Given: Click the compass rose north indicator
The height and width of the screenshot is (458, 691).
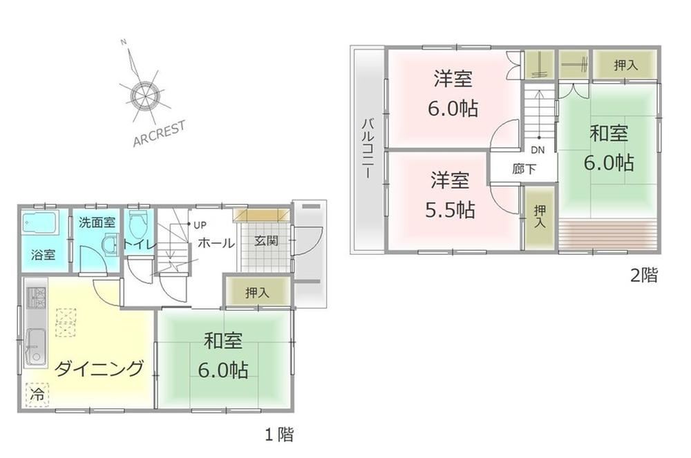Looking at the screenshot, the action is (x=124, y=42).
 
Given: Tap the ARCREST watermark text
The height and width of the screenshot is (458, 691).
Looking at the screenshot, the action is (x=159, y=134).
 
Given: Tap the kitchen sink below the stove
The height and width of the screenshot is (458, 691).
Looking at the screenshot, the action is (x=36, y=347).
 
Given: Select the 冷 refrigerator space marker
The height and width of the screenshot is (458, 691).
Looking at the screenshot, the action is (x=38, y=394).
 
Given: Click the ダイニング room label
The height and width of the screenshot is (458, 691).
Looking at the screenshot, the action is (x=99, y=368).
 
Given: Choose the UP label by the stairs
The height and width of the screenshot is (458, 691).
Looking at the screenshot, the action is (x=200, y=225).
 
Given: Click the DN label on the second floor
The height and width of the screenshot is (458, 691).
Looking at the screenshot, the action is (x=537, y=150).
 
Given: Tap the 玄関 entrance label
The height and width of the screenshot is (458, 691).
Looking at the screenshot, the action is (x=266, y=241).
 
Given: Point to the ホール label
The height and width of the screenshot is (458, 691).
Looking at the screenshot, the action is (x=216, y=242).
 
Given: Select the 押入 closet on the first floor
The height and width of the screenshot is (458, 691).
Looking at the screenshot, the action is (x=257, y=292).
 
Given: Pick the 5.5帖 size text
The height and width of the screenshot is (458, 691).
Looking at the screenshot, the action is (x=450, y=210).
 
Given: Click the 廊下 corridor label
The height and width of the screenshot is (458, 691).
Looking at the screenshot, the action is (x=524, y=169).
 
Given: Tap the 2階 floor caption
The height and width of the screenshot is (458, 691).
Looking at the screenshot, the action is (x=644, y=276).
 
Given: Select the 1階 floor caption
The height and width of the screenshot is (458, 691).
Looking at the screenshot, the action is (x=278, y=435).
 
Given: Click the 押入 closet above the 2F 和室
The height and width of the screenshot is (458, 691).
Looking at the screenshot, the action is (x=625, y=65).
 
